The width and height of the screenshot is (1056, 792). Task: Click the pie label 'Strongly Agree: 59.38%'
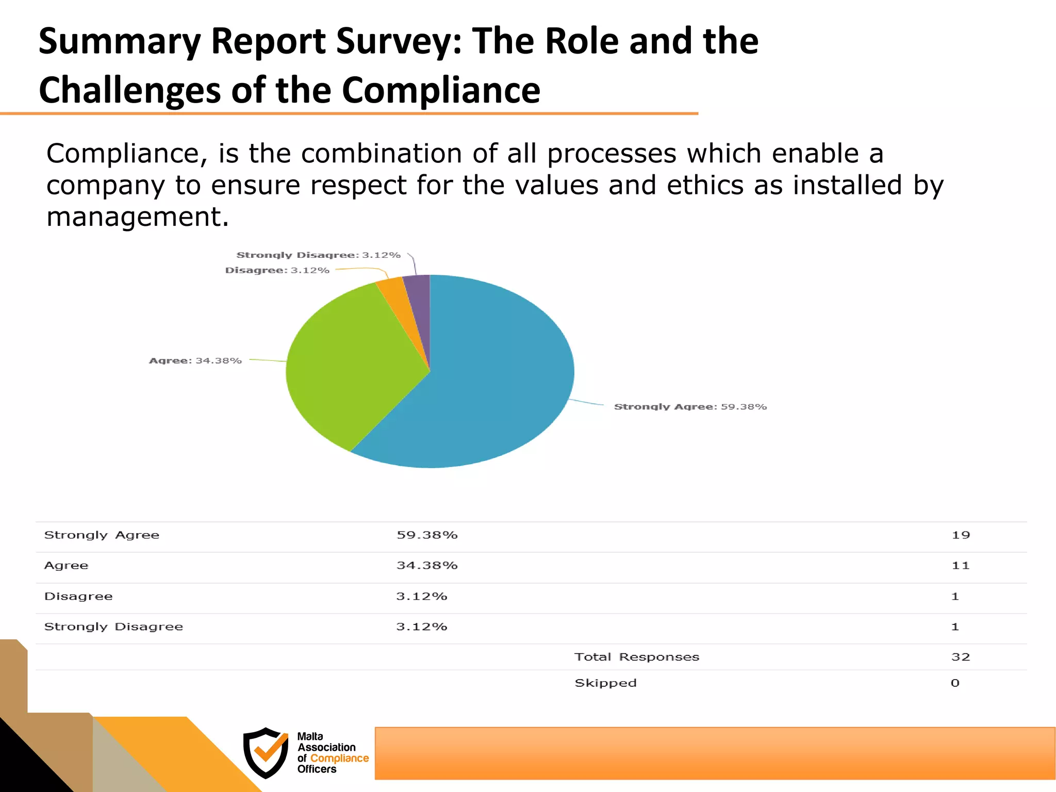(690, 407)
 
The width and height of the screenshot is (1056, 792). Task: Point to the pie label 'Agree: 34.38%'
(195, 360)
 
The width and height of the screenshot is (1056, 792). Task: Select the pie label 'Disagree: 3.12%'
(277, 270)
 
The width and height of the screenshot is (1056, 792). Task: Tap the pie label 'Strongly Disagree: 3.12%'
(318, 255)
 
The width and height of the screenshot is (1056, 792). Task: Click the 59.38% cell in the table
(427, 535)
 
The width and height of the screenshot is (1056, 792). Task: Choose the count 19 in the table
(961, 535)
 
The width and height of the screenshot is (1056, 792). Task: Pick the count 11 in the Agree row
(961, 566)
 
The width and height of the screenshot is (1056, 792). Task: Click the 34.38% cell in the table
(427, 566)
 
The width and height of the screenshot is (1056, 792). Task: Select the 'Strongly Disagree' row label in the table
(113, 626)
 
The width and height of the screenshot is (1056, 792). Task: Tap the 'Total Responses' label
(637, 657)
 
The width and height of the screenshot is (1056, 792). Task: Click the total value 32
(961, 657)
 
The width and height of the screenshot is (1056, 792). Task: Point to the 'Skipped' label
(606, 683)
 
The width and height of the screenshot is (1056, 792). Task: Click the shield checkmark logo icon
(266, 752)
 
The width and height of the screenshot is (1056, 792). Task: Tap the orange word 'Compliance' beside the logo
(339, 758)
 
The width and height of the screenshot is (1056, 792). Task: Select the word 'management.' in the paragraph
(137, 217)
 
